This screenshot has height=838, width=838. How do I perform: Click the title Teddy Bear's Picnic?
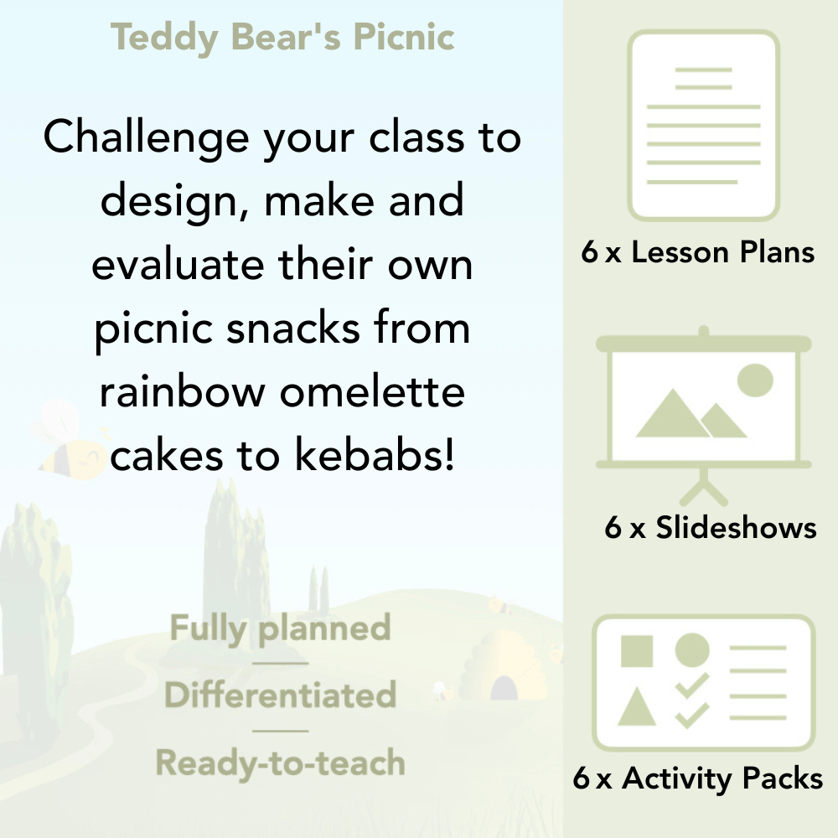tap(282, 38)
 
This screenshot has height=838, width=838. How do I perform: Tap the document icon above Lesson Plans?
tap(704, 126)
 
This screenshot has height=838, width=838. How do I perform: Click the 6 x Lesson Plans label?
tap(698, 252)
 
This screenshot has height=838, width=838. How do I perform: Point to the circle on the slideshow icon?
tap(754, 380)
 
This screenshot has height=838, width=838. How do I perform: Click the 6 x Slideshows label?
tap(711, 527)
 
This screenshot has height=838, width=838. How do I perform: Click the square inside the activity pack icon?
tap(637, 650)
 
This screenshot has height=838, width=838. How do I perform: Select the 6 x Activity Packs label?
tap(698, 779)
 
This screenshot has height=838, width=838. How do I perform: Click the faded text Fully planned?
tap(281, 628)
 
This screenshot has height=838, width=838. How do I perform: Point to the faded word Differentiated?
tap(281, 695)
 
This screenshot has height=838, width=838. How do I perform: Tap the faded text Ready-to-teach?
tap(281, 763)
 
